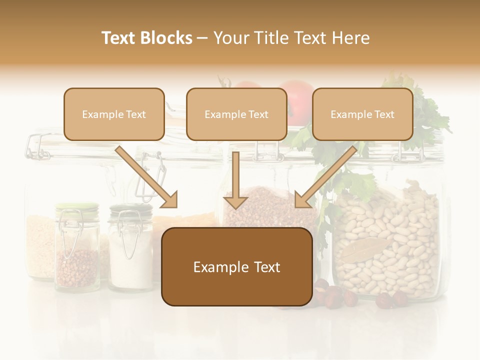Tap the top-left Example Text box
click(114, 114)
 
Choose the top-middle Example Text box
click(236, 114)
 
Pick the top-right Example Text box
click(362, 114)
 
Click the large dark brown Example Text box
click(236, 266)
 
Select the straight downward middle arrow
click(235, 182)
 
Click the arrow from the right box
click(325, 177)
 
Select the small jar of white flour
click(130, 250)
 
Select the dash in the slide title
click(202, 38)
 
